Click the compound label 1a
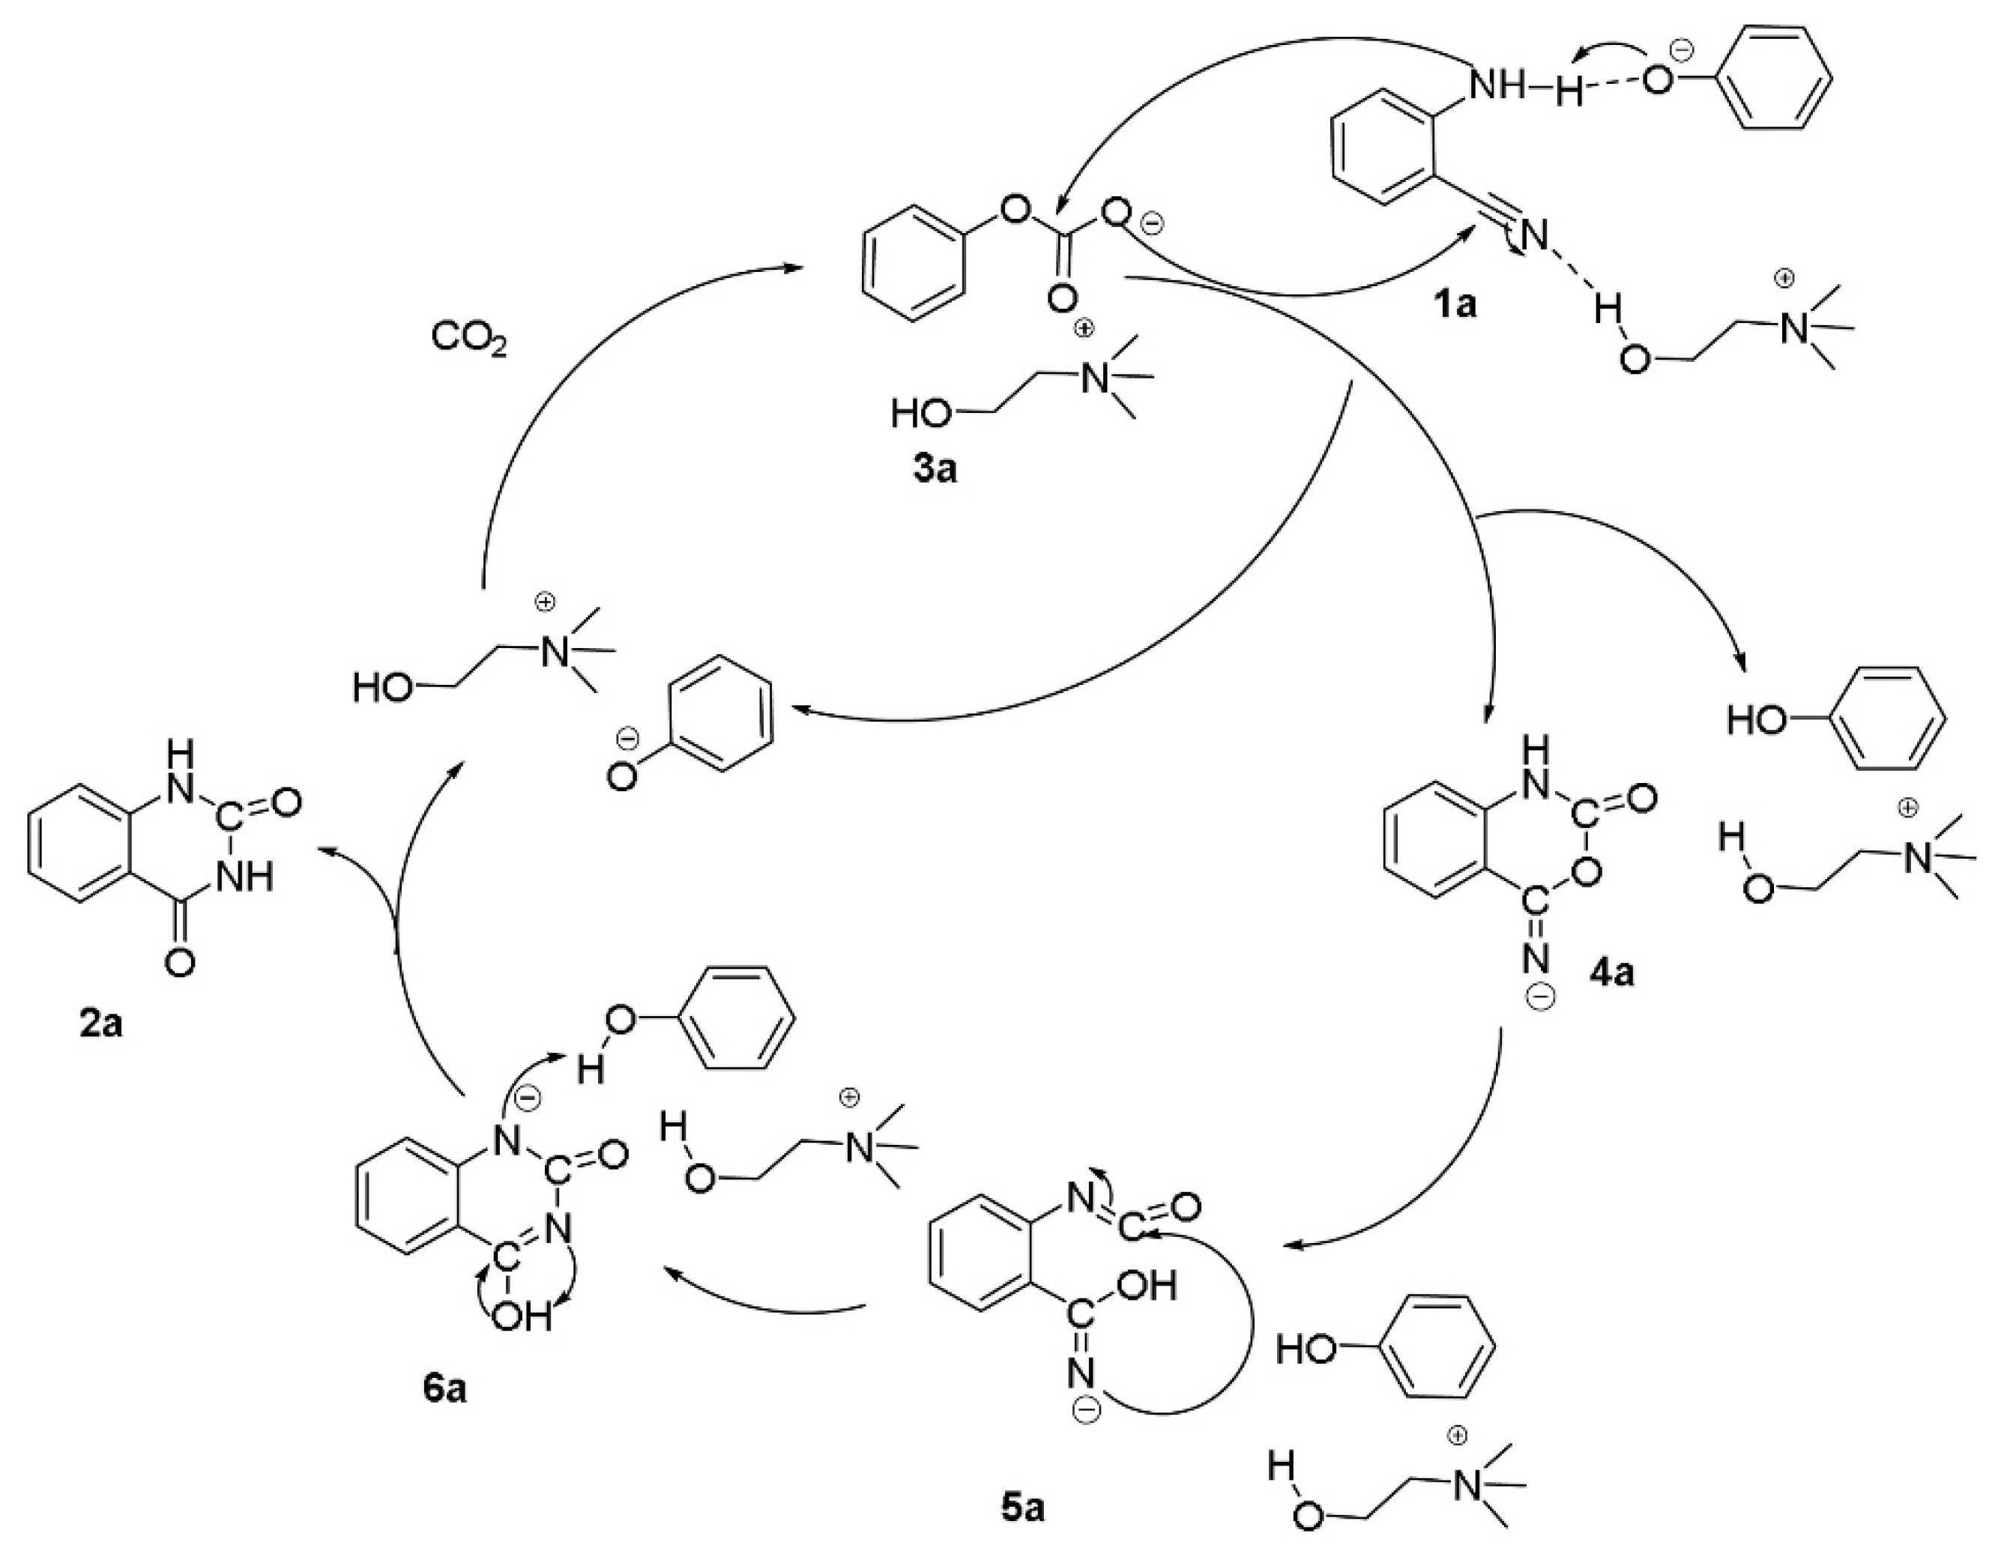tap(1455, 303)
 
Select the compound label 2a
tap(101, 1024)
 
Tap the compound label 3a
tap(934, 469)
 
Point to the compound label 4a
tap(1611, 972)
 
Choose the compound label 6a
tap(444, 1389)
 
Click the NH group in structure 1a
tap(1500, 86)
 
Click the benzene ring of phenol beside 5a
tap(1435, 1349)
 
